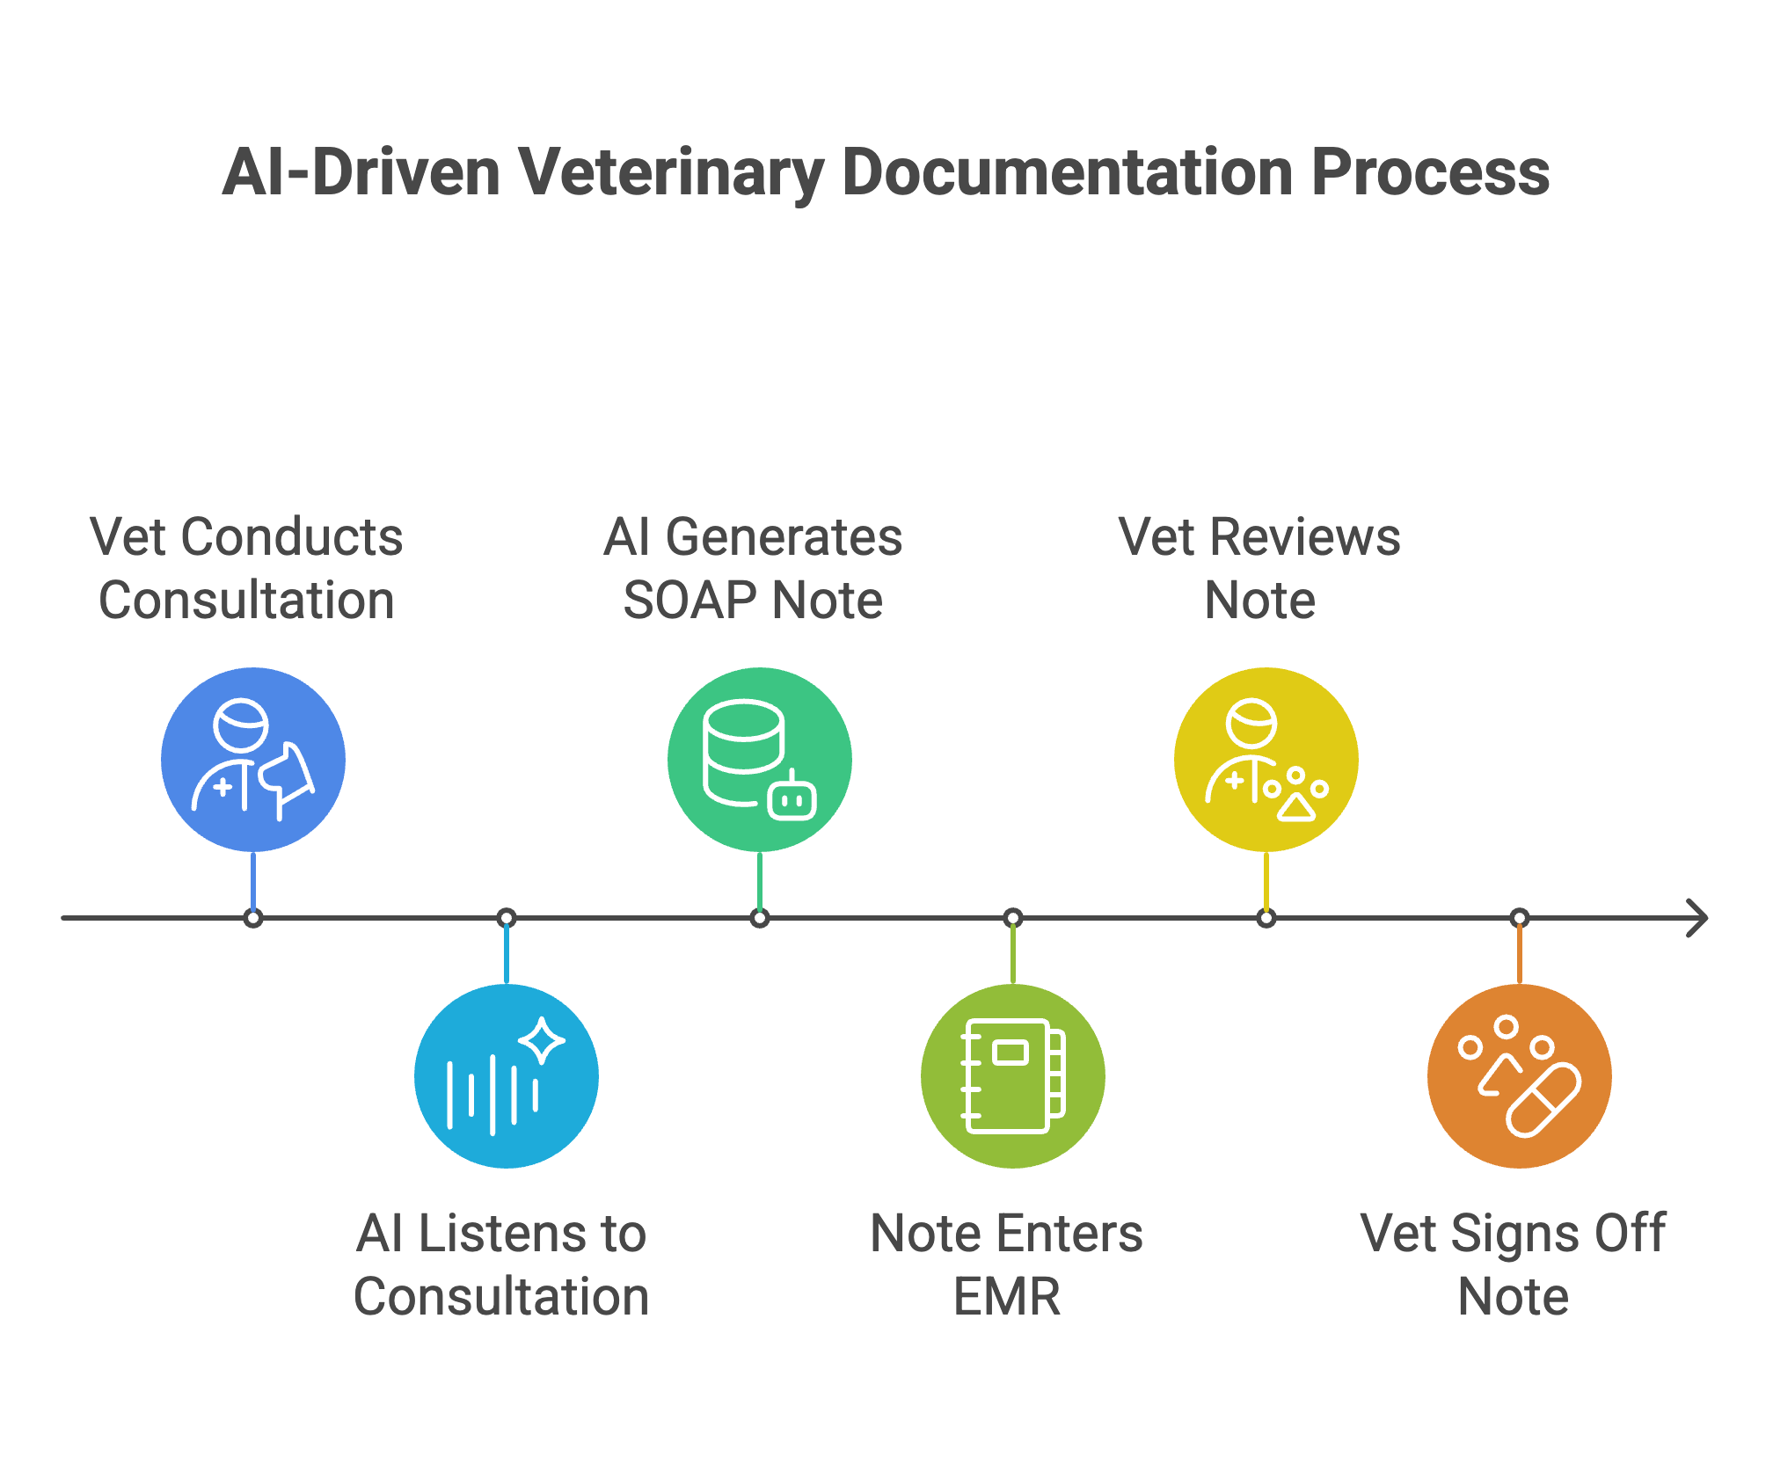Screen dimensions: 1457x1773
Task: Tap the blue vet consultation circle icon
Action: pos(253,760)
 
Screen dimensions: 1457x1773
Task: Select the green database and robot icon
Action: pos(760,760)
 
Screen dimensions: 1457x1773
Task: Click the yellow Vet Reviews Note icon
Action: pos(1266,760)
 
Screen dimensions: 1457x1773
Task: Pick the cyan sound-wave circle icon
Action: pos(507,1076)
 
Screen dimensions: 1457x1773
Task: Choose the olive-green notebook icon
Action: pos(1013,1076)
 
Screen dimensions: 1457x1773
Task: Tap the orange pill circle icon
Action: pos(1520,1076)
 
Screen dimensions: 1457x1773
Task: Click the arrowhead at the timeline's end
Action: pos(1699,918)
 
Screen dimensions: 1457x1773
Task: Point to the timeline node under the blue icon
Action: pos(253,919)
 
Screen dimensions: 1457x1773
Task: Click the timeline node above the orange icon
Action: pos(1520,919)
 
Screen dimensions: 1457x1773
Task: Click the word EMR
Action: pos(1007,1297)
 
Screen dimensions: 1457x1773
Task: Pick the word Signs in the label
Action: pos(1505,1234)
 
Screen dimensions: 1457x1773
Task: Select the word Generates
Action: pos(784,537)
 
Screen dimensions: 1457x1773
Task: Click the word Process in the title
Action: pos(1430,172)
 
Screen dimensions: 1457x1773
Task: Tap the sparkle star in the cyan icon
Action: pos(542,1040)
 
